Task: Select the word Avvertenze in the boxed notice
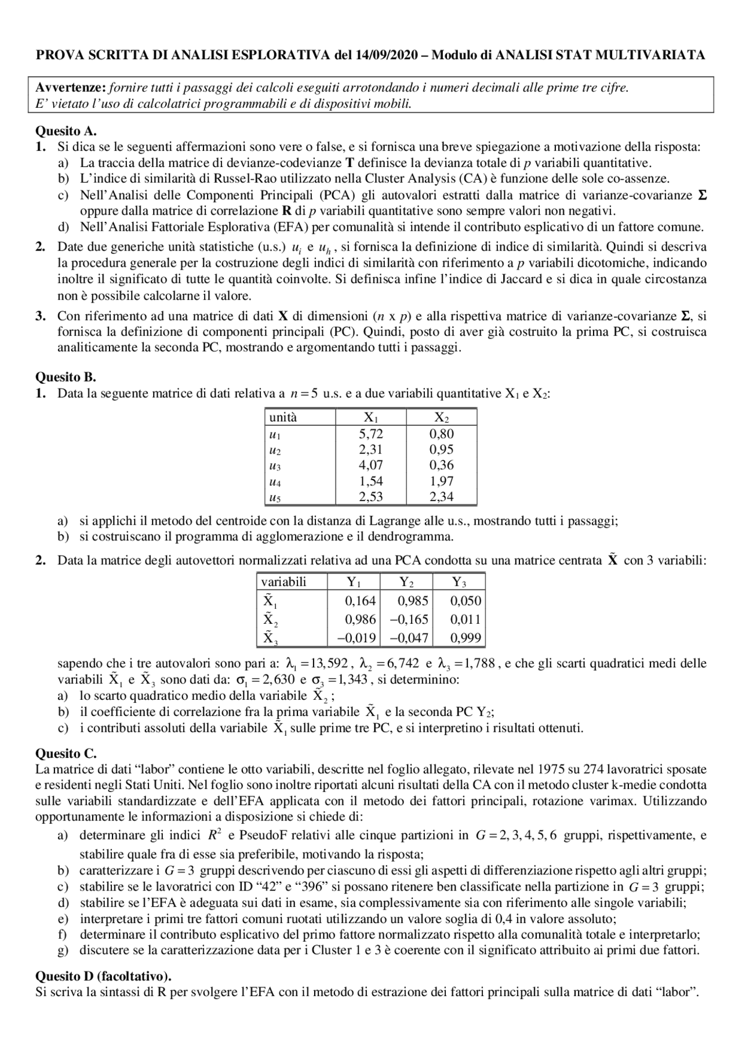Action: [70, 88]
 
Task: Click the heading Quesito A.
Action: [66, 131]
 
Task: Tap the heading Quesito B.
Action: [66, 377]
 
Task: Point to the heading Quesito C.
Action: [66, 754]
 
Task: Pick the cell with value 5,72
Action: [371, 434]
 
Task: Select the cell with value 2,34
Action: [441, 496]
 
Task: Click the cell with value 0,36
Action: [441, 465]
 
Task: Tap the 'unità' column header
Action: [283, 417]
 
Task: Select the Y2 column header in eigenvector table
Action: [406, 582]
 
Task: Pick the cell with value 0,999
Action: [465, 638]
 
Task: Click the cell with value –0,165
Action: [409, 619]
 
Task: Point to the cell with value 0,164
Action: [360, 601]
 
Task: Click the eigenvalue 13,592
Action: [329, 663]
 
